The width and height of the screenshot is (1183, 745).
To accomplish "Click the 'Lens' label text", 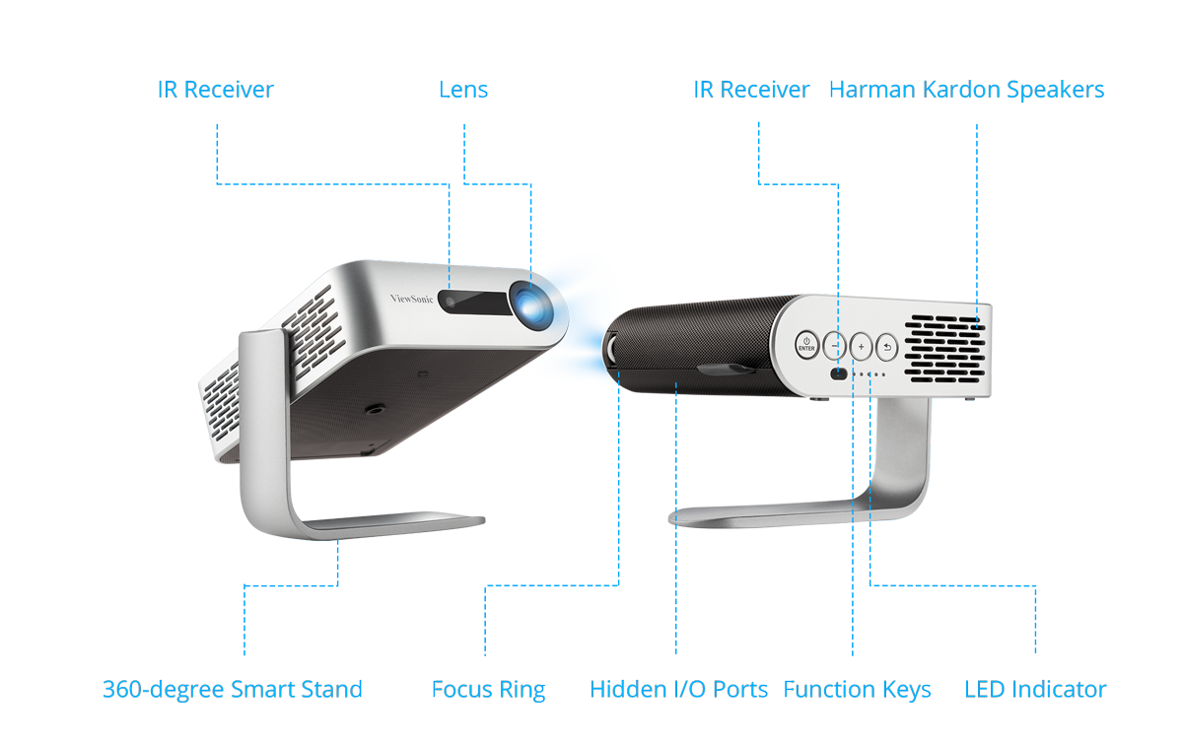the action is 463,90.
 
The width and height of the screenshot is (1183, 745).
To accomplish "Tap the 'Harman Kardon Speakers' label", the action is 966,90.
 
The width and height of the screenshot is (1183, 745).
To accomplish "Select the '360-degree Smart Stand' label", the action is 233,690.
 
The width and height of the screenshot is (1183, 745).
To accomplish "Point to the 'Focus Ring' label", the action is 489,690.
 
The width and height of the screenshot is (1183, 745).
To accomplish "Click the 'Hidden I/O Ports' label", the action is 678,690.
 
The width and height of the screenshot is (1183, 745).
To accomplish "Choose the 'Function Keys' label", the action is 857,690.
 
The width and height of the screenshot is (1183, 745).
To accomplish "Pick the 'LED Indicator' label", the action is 1035,690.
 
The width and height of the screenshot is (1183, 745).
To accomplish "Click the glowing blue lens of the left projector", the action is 531,305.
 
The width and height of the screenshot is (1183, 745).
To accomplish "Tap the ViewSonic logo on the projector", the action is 411,299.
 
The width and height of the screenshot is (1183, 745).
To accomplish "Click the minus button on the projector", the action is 834,346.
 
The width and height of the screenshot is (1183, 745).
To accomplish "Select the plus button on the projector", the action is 861,347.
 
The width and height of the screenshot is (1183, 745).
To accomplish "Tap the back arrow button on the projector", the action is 886,348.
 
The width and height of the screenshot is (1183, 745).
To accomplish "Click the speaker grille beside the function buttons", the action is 944,349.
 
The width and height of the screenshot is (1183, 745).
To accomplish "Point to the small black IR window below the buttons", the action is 839,373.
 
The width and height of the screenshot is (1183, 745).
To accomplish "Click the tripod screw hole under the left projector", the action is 376,408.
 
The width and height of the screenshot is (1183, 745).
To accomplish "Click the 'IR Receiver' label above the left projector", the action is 216,90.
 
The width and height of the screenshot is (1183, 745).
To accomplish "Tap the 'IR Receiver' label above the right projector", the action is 751,90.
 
